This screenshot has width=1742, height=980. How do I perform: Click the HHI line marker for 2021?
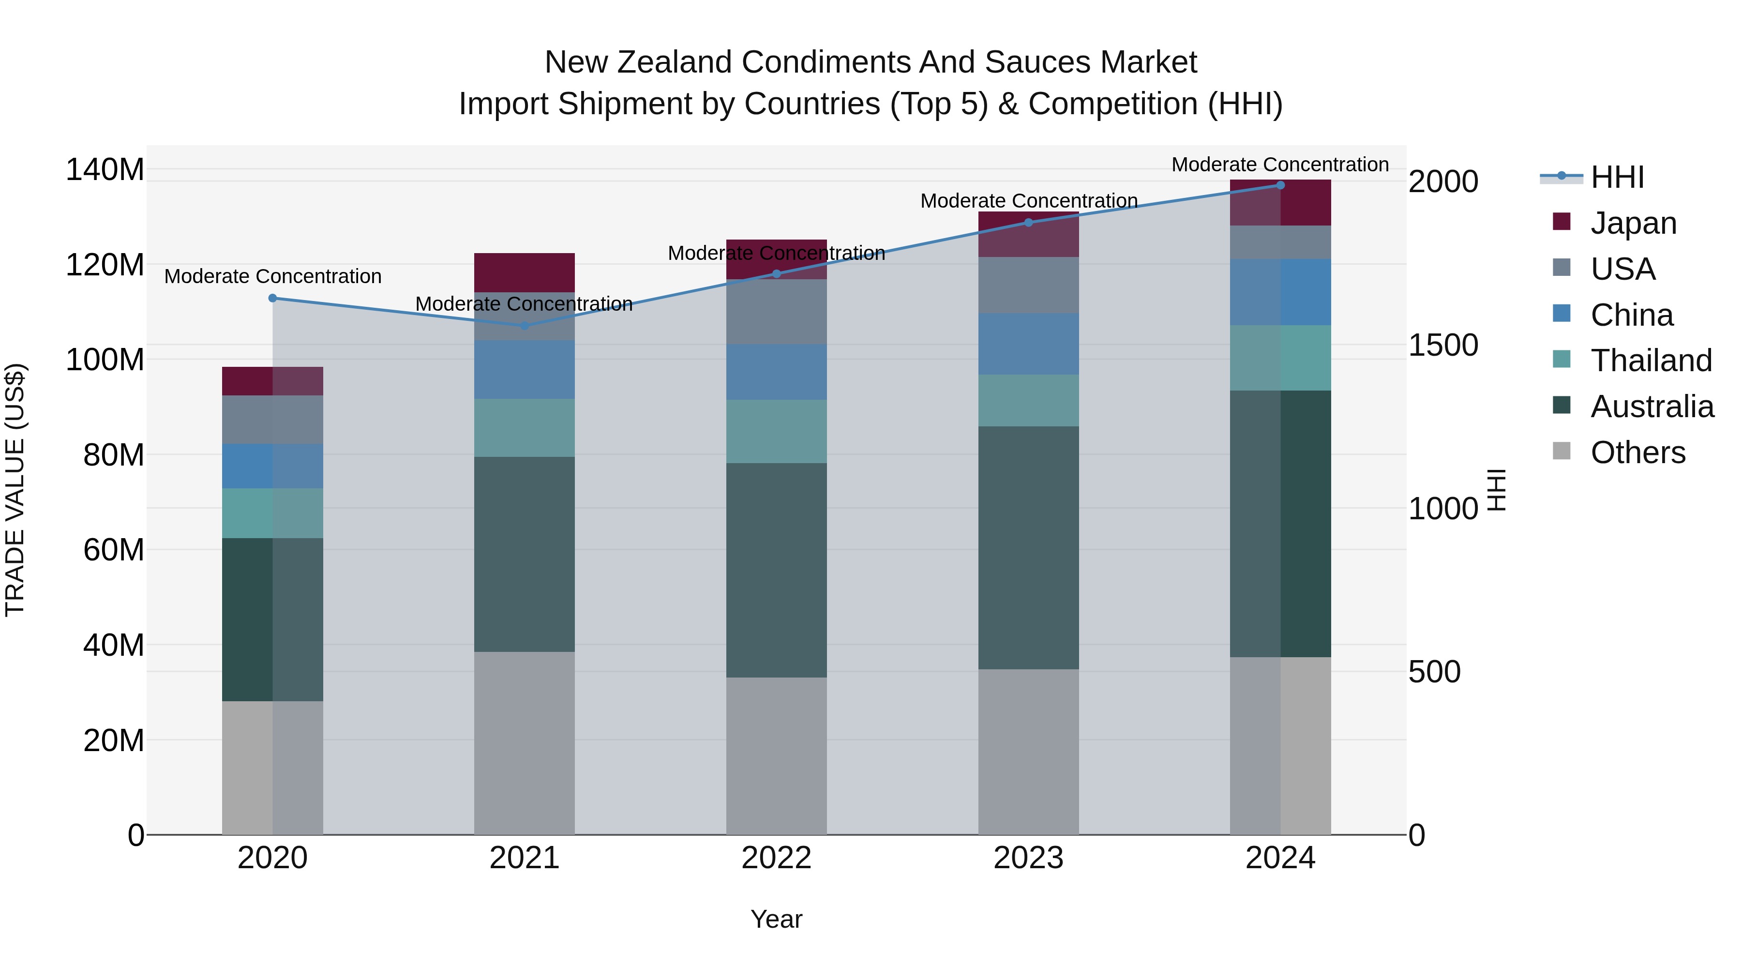524,326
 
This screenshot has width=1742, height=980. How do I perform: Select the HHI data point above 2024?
1280,185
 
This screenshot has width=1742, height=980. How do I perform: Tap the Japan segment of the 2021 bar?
524,272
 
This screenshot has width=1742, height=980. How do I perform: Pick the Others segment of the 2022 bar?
776,755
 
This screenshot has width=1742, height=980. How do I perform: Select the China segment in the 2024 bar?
1280,292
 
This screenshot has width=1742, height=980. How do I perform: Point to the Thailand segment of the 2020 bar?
272,513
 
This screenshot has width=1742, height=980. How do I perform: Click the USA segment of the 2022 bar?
776,312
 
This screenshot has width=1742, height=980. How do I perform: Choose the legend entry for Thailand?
1651,361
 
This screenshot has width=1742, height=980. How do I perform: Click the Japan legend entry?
1633,223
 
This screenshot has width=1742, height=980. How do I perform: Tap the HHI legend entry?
1616,177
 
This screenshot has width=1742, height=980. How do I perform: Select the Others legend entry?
1637,452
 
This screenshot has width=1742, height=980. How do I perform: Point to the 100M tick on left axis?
105,360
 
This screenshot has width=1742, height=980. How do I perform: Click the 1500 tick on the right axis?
1443,345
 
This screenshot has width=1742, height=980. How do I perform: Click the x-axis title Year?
776,919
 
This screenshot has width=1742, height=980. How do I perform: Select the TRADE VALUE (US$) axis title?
15,490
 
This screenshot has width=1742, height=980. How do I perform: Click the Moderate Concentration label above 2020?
272,277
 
